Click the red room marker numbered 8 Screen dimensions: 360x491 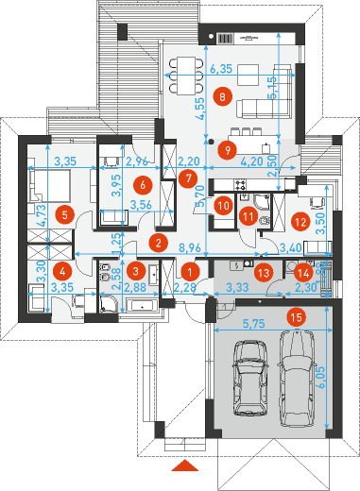(222, 96)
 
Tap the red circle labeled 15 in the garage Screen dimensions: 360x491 (297, 317)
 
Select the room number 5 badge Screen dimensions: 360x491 (64, 215)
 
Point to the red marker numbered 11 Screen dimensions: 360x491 (249, 216)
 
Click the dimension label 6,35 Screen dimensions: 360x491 (221, 68)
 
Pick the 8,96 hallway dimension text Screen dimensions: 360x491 (190, 247)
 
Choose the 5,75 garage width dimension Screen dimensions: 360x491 (254, 324)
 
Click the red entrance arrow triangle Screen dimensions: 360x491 (185, 466)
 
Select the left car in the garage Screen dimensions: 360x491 (250, 378)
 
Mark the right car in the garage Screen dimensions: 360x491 (297, 378)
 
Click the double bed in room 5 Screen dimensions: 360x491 (49, 185)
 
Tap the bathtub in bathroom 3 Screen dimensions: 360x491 (142, 306)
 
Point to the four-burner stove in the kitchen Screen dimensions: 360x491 (240, 184)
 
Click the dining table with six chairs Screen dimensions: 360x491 (186, 76)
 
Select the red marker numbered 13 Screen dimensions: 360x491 (264, 272)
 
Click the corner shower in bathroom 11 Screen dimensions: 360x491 (262, 201)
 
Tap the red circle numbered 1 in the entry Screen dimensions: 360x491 (190, 272)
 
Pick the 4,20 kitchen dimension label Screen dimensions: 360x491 (251, 161)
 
